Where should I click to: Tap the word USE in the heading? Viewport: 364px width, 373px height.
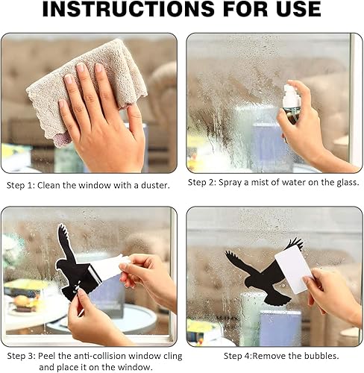pos(296,9)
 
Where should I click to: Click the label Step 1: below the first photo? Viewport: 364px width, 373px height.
pos(21,186)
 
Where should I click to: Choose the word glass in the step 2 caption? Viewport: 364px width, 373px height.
pos(348,183)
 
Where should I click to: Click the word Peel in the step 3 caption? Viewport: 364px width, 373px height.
pos(47,356)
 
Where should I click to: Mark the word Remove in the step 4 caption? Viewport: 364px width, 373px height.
pos(269,356)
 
